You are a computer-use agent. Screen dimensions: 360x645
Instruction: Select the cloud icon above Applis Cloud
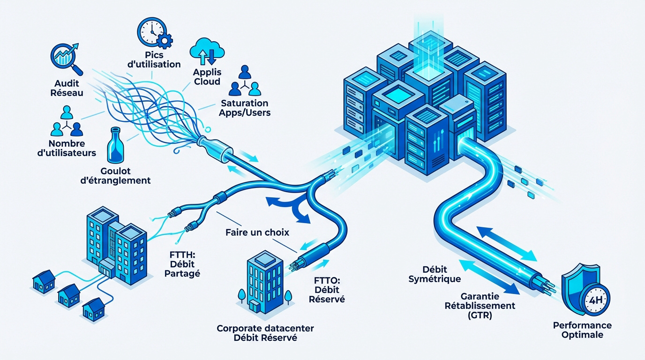(x=206, y=50)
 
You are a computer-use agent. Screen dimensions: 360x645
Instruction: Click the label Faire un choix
(x=257, y=232)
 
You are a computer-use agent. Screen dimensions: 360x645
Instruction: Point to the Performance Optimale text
(x=582, y=330)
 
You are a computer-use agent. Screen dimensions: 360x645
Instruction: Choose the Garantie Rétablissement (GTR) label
(x=487, y=306)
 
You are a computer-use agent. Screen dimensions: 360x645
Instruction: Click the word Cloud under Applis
(x=207, y=82)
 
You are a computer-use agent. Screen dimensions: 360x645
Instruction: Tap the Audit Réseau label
(x=66, y=88)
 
